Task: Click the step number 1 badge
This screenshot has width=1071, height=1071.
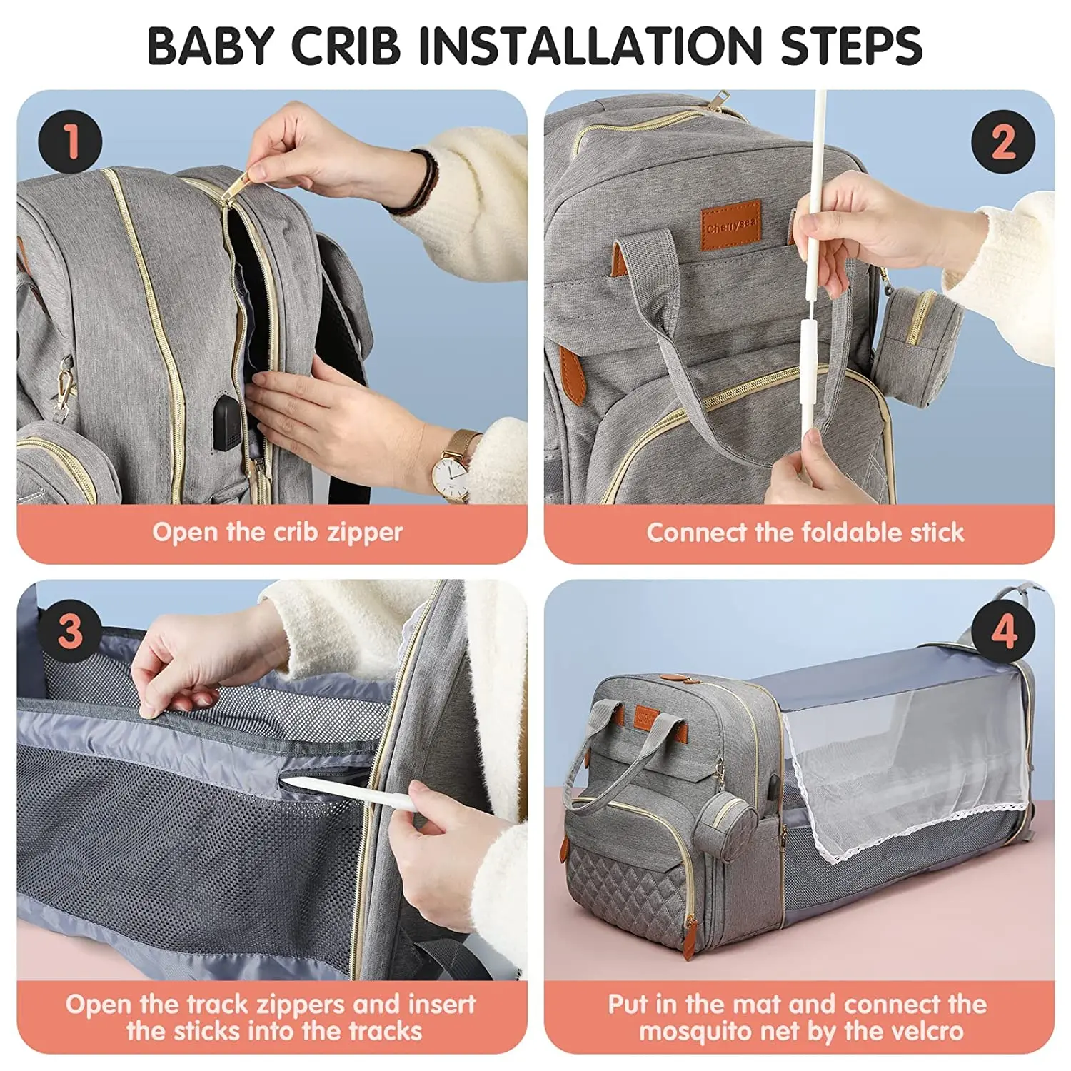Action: tap(70, 141)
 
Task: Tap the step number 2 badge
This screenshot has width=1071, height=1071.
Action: tap(1002, 141)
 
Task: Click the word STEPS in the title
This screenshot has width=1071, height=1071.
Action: tap(851, 46)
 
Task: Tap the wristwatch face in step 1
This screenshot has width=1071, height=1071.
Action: tap(451, 471)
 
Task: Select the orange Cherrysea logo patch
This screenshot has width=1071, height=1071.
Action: tap(730, 226)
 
